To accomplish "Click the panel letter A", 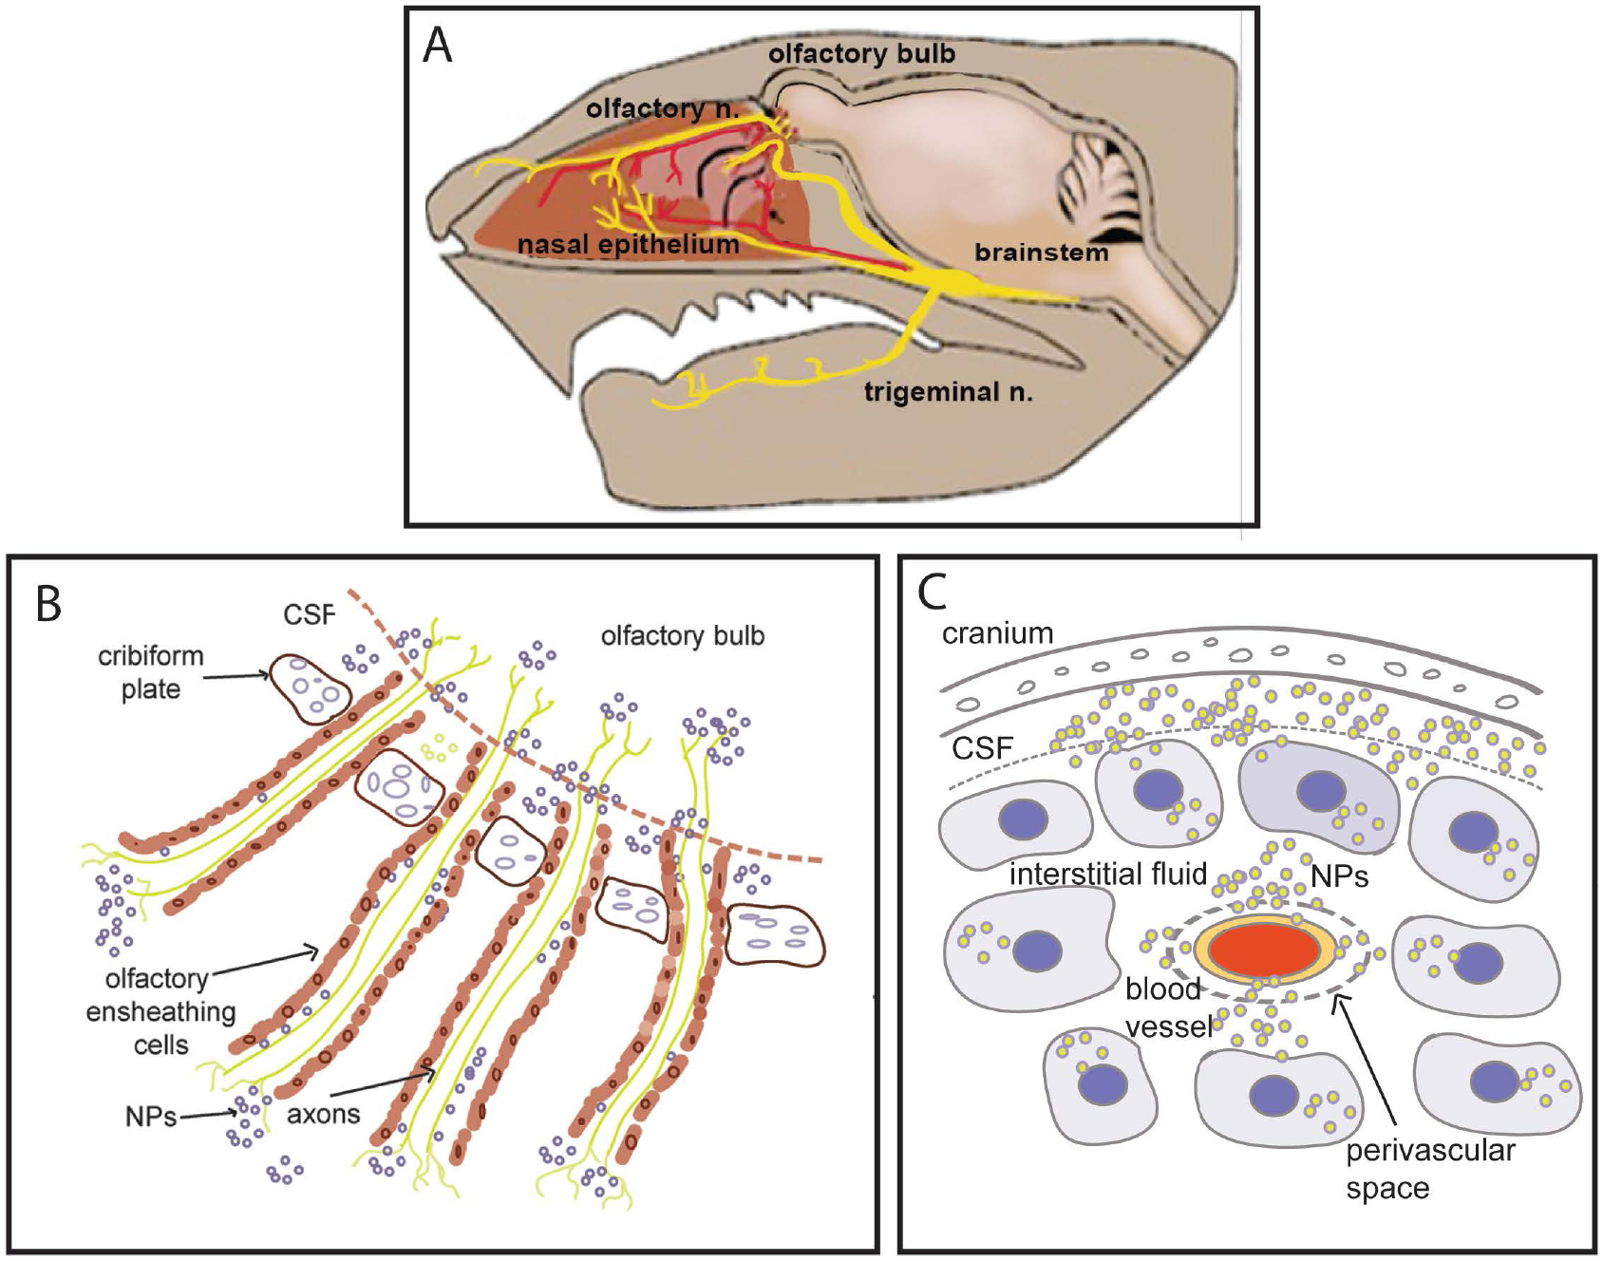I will (437, 46).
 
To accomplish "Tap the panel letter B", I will (48, 604).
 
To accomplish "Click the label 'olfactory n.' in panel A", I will (662, 109).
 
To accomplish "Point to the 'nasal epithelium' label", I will (628, 245).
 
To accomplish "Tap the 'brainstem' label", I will (1041, 253).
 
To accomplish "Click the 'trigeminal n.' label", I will (948, 392).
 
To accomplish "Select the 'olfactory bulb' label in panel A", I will (861, 54).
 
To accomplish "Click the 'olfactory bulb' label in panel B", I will (682, 636).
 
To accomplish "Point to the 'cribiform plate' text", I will (150, 672).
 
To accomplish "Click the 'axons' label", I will (323, 1114).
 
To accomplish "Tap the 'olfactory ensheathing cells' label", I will (160, 1012).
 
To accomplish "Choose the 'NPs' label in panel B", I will (150, 1117).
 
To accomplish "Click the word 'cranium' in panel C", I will (997, 633).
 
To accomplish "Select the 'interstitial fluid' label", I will (1107, 874).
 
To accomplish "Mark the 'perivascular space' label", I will (1429, 1169).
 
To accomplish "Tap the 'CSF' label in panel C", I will (982, 749).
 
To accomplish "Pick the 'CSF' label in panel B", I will (309, 615).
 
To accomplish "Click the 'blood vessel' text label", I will (1167, 1007).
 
